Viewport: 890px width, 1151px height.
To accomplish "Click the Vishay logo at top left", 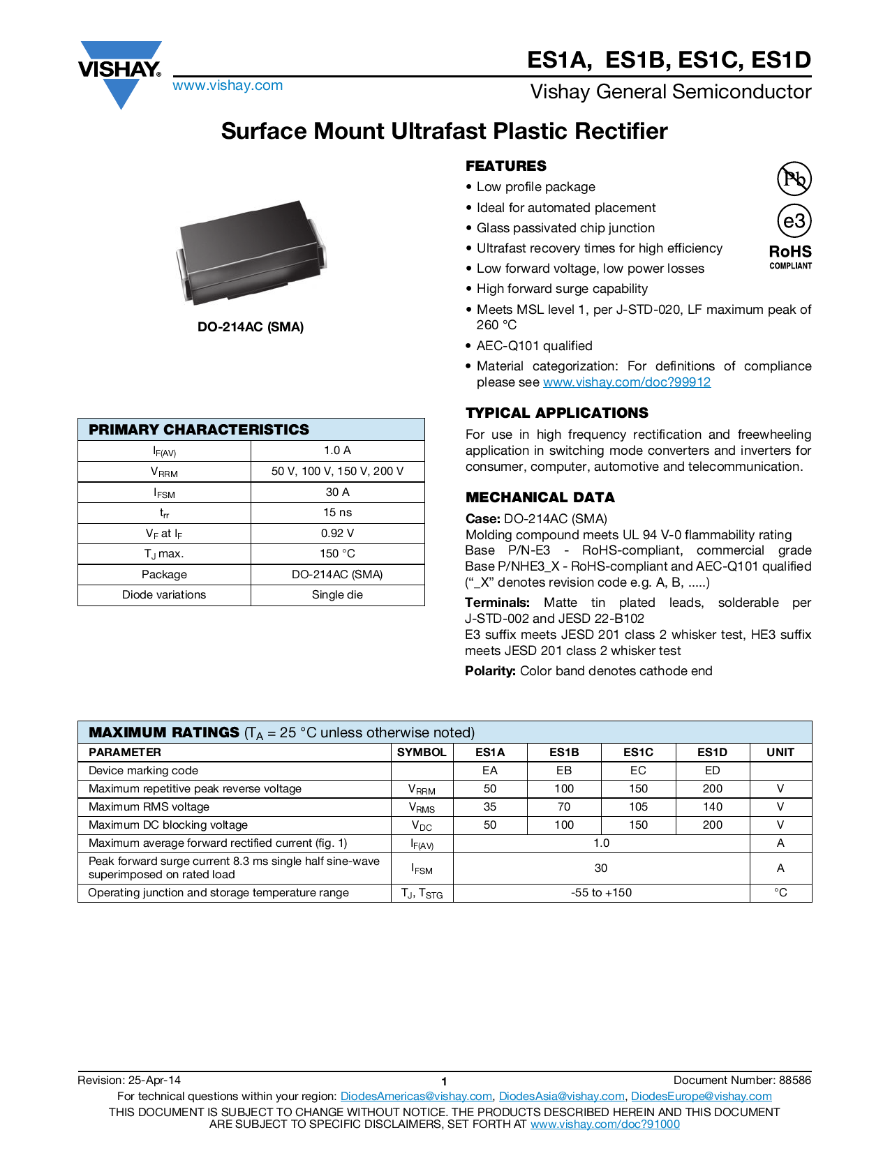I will [x=120, y=73].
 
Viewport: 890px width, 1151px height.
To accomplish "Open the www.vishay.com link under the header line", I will [x=228, y=86].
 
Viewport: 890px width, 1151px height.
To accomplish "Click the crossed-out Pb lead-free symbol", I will [x=794, y=179].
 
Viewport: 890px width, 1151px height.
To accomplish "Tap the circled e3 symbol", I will [x=794, y=221].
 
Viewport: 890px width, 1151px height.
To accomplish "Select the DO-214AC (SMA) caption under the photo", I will [x=251, y=327].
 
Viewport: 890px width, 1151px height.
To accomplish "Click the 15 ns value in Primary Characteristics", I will [x=337, y=513].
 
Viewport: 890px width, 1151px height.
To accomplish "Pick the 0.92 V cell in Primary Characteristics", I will [x=337, y=534].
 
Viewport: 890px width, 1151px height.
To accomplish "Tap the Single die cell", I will [x=337, y=595].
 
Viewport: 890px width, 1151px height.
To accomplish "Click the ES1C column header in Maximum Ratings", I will [x=638, y=752].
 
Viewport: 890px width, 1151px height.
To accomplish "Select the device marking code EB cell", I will [x=564, y=771].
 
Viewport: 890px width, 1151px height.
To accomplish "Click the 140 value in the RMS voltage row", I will [x=712, y=807].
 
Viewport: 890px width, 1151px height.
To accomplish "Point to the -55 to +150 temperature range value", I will [x=601, y=893].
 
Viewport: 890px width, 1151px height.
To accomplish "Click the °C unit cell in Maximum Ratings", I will [x=780, y=893].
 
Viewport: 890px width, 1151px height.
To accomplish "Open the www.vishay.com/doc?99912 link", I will [x=627, y=382].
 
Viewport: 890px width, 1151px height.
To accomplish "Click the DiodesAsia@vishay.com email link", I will [x=561, y=1097].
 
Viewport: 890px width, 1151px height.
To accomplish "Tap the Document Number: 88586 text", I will [x=742, y=1081].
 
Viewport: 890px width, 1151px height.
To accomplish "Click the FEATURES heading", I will [x=506, y=166].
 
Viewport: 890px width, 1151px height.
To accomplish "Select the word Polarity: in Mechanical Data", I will [x=490, y=671].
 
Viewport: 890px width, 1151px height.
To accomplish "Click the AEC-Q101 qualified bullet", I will [x=534, y=346].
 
